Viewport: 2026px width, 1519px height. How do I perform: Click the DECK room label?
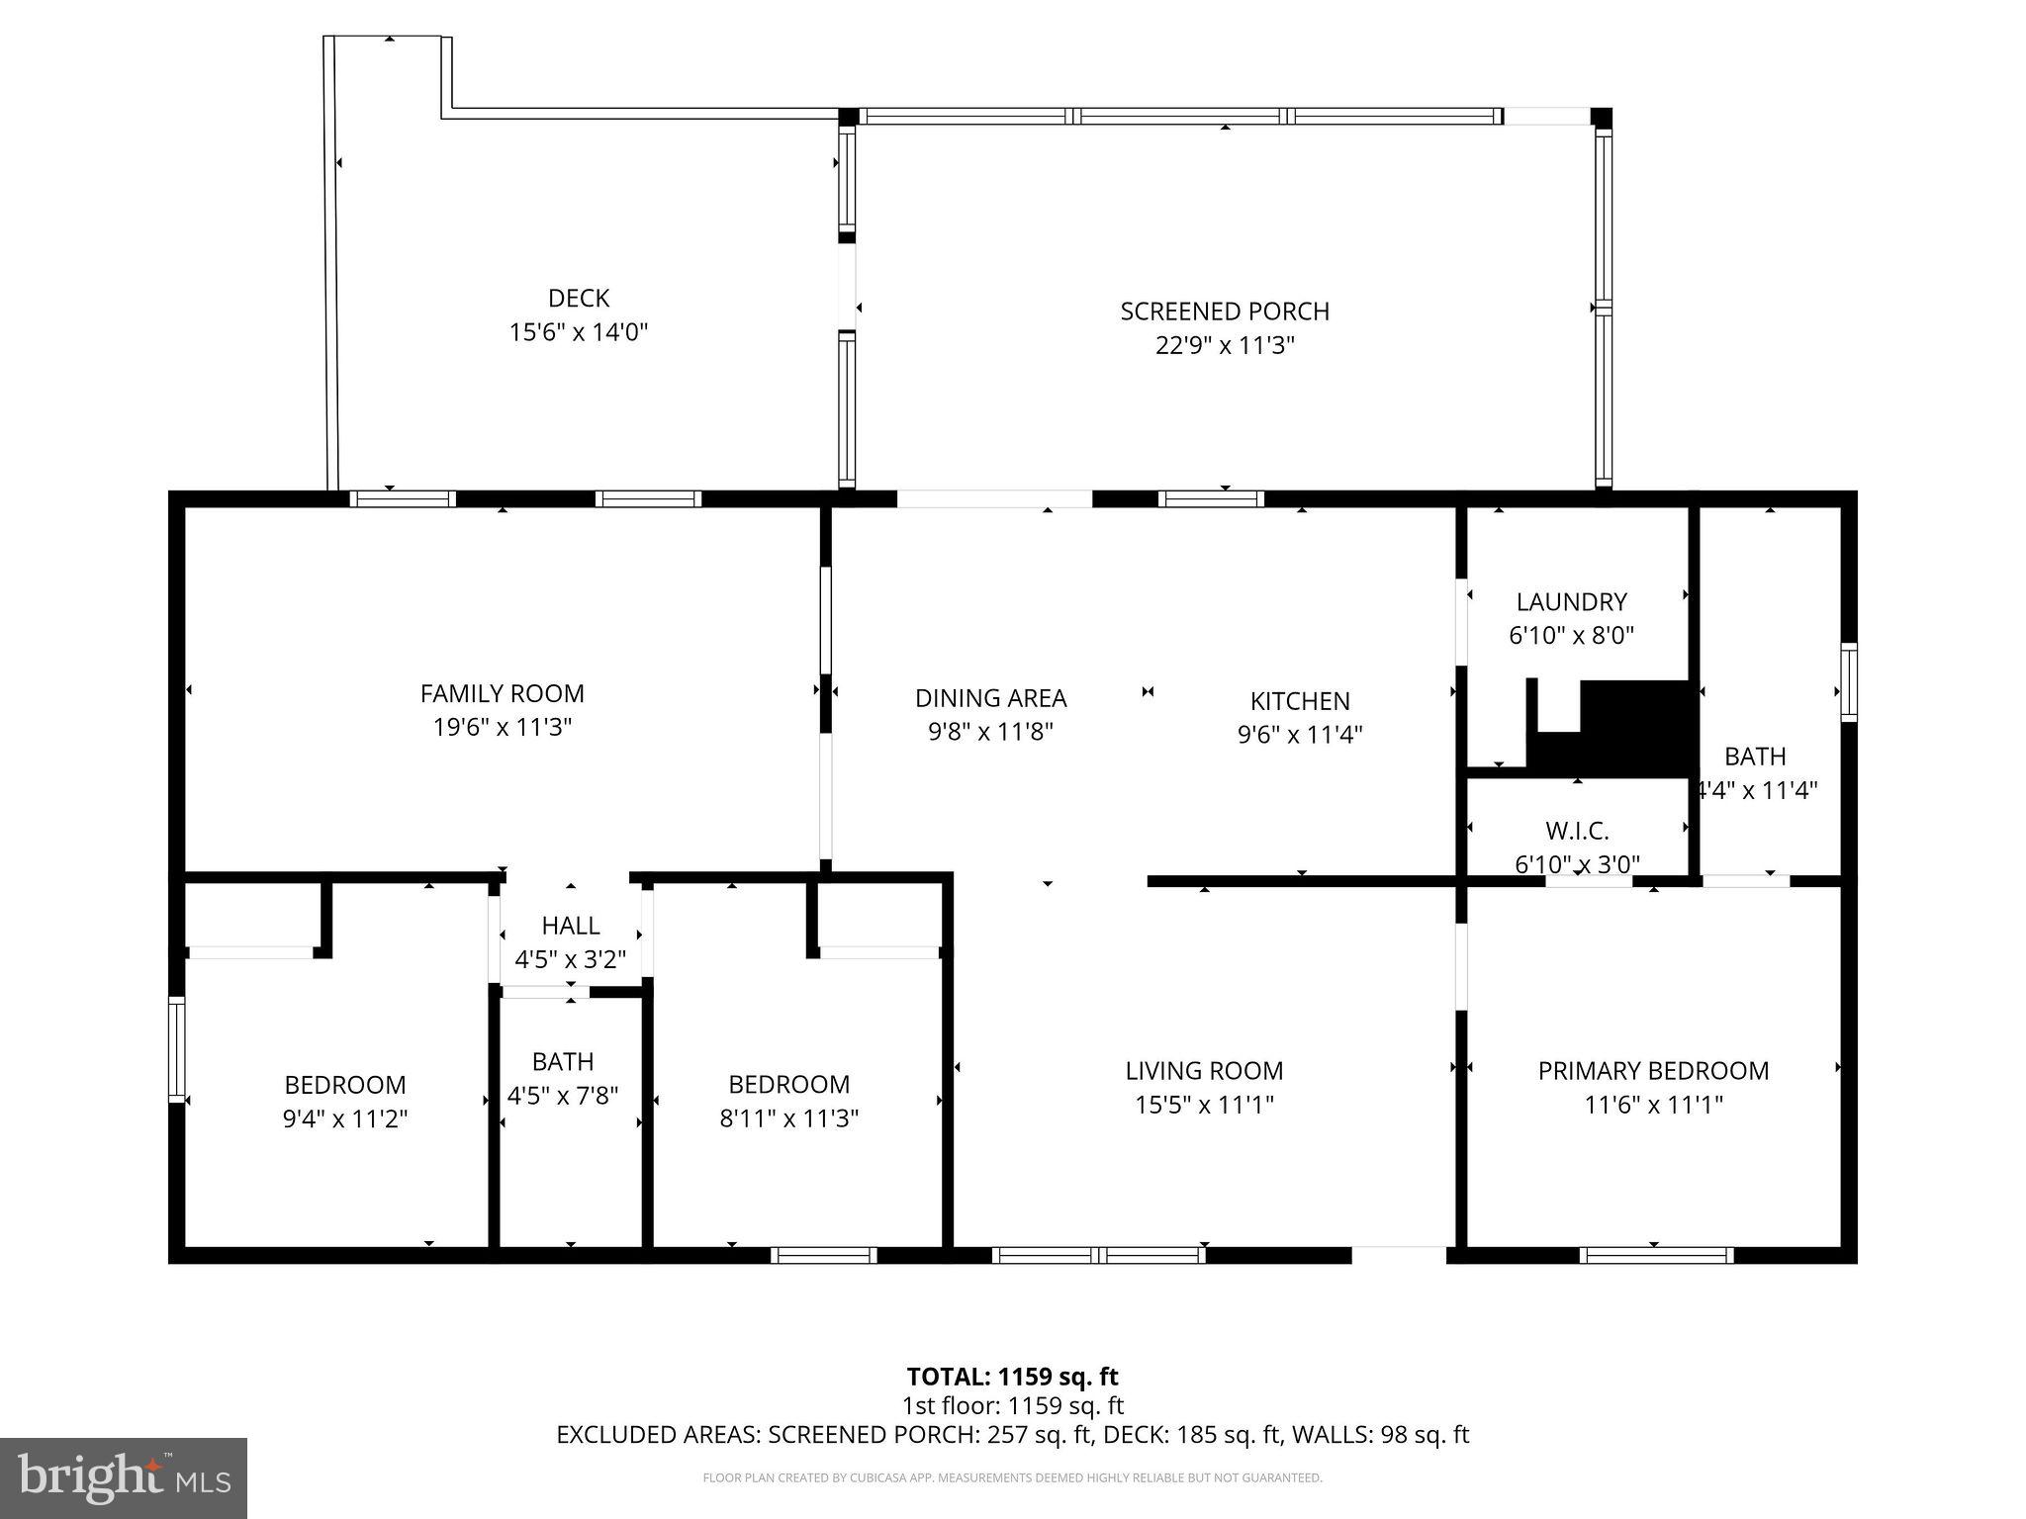[x=579, y=298]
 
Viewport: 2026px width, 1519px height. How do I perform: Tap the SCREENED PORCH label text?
[x=1225, y=312]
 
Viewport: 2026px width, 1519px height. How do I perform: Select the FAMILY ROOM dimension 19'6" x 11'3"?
[x=503, y=728]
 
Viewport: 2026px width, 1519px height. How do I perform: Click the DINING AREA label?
[x=990, y=698]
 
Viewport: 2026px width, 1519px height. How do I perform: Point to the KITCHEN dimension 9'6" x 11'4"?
[x=1300, y=735]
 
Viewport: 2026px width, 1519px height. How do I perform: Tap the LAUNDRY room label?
[x=1571, y=601]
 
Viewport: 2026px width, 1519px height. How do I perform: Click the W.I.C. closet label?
[x=1577, y=831]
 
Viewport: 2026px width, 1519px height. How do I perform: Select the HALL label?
[x=571, y=926]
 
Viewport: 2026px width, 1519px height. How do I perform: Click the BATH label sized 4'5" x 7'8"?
[x=563, y=1062]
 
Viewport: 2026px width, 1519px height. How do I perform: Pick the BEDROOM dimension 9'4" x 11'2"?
[x=345, y=1119]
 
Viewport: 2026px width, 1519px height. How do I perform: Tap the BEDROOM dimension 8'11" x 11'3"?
[x=788, y=1118]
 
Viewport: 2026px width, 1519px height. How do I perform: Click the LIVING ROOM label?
[x=1204, y=1071]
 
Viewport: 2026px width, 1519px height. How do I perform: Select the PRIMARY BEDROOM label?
[x=1653, y=1071]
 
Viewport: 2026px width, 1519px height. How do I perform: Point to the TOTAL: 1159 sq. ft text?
[x=1012, y=1377]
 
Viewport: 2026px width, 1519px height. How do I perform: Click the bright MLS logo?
[x=123, y=1477]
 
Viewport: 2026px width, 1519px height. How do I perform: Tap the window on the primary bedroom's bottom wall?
[x=1656, y=1255]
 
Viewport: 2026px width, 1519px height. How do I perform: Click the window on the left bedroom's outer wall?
[x=177, y=1049]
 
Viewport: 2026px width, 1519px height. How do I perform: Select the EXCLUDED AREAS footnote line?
[x=1012, y=1435]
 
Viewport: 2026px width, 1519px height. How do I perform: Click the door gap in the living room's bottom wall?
[x=1399, y=1255]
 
